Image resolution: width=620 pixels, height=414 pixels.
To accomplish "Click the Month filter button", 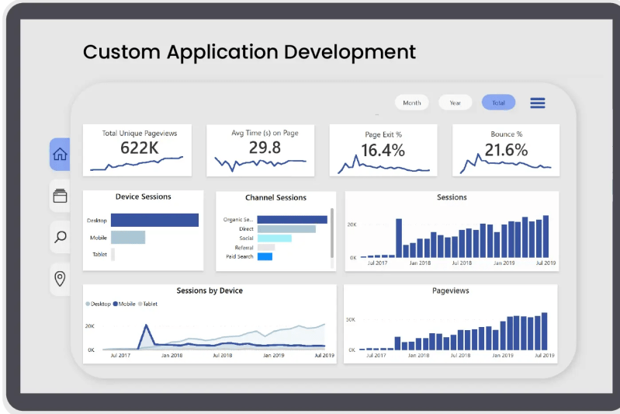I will coord(412,103).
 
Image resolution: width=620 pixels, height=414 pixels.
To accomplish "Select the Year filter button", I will coord(455,103).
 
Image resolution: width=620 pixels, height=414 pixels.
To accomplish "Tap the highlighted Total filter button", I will coord(498,103).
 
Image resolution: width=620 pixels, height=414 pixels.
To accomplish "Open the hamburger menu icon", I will coord(538,103).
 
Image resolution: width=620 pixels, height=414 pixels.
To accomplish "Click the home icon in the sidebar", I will coord(60,155).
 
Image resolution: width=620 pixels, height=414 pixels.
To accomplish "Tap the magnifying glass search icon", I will coord(60,237).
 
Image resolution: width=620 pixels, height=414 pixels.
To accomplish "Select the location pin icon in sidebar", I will coord(60,278).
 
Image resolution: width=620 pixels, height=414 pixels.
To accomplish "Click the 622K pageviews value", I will coord(139,148).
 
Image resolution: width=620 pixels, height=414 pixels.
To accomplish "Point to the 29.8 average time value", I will coord(265,148).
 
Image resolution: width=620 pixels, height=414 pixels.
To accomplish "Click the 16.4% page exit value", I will coord(383,150).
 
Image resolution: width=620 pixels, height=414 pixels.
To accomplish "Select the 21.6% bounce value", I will coord(506,150).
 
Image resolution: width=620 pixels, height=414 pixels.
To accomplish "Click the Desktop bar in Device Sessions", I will coord(154,221).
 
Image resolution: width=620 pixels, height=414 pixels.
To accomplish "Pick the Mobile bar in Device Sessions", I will coord(128,238).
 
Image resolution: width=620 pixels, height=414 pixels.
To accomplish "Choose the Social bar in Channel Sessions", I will coord(274,238).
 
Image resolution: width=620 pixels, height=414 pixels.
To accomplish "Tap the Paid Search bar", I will coord(265,256).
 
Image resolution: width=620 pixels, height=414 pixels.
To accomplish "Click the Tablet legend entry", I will coord(149,304).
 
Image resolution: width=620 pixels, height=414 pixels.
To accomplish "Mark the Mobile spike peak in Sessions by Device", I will coord(144,325).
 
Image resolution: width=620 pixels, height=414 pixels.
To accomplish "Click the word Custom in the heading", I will coord(119,52).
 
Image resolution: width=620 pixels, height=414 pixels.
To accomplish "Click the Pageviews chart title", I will coord(450,290).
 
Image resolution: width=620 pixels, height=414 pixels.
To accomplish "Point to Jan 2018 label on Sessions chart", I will coord(420,263).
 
